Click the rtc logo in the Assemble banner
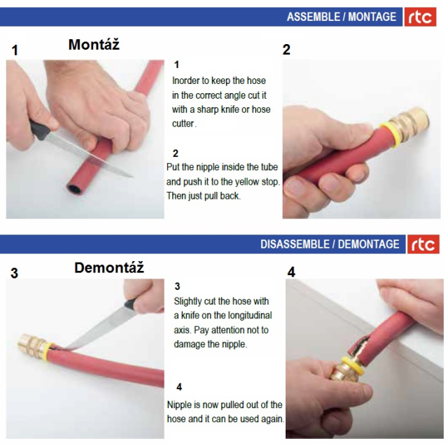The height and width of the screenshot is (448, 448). [420, 17]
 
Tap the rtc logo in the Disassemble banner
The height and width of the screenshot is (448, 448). [423, 244]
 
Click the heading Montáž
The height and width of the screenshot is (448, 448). [94, 44]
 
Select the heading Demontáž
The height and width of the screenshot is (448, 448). [109, 267]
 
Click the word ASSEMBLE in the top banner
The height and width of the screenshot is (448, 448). [314, 17]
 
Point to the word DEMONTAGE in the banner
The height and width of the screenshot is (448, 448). [369, 244]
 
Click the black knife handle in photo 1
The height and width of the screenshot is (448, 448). [40, 131]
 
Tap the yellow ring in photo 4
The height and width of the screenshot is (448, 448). [353, 366]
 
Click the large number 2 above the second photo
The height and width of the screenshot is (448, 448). [286, 50]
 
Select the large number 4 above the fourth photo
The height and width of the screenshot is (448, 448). [291, 272]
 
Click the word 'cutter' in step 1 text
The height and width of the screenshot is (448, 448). [184, 123]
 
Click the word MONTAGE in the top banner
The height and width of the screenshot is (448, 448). [372, 17]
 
